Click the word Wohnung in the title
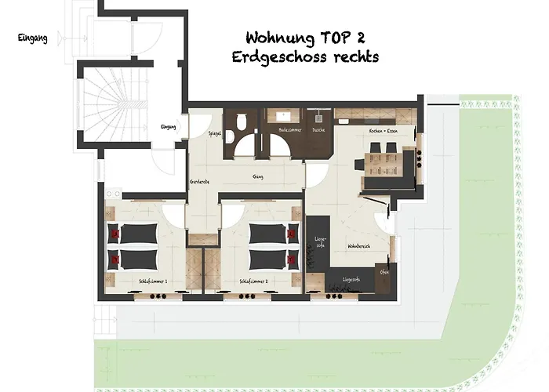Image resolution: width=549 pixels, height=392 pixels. coord(280,38)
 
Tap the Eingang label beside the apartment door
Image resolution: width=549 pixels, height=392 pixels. coord(169,127)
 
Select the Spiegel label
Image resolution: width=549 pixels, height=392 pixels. coord(214,134)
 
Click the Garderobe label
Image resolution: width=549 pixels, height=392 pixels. coord(199,182)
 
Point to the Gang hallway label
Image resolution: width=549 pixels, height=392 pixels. coord(256,176)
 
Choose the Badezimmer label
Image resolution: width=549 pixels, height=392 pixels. coord(289,129)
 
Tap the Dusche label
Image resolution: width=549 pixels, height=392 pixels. coord(318,129)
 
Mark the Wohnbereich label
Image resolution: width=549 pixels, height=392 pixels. coord(358,246)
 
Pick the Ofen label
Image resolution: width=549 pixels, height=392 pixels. coord(384,272)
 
